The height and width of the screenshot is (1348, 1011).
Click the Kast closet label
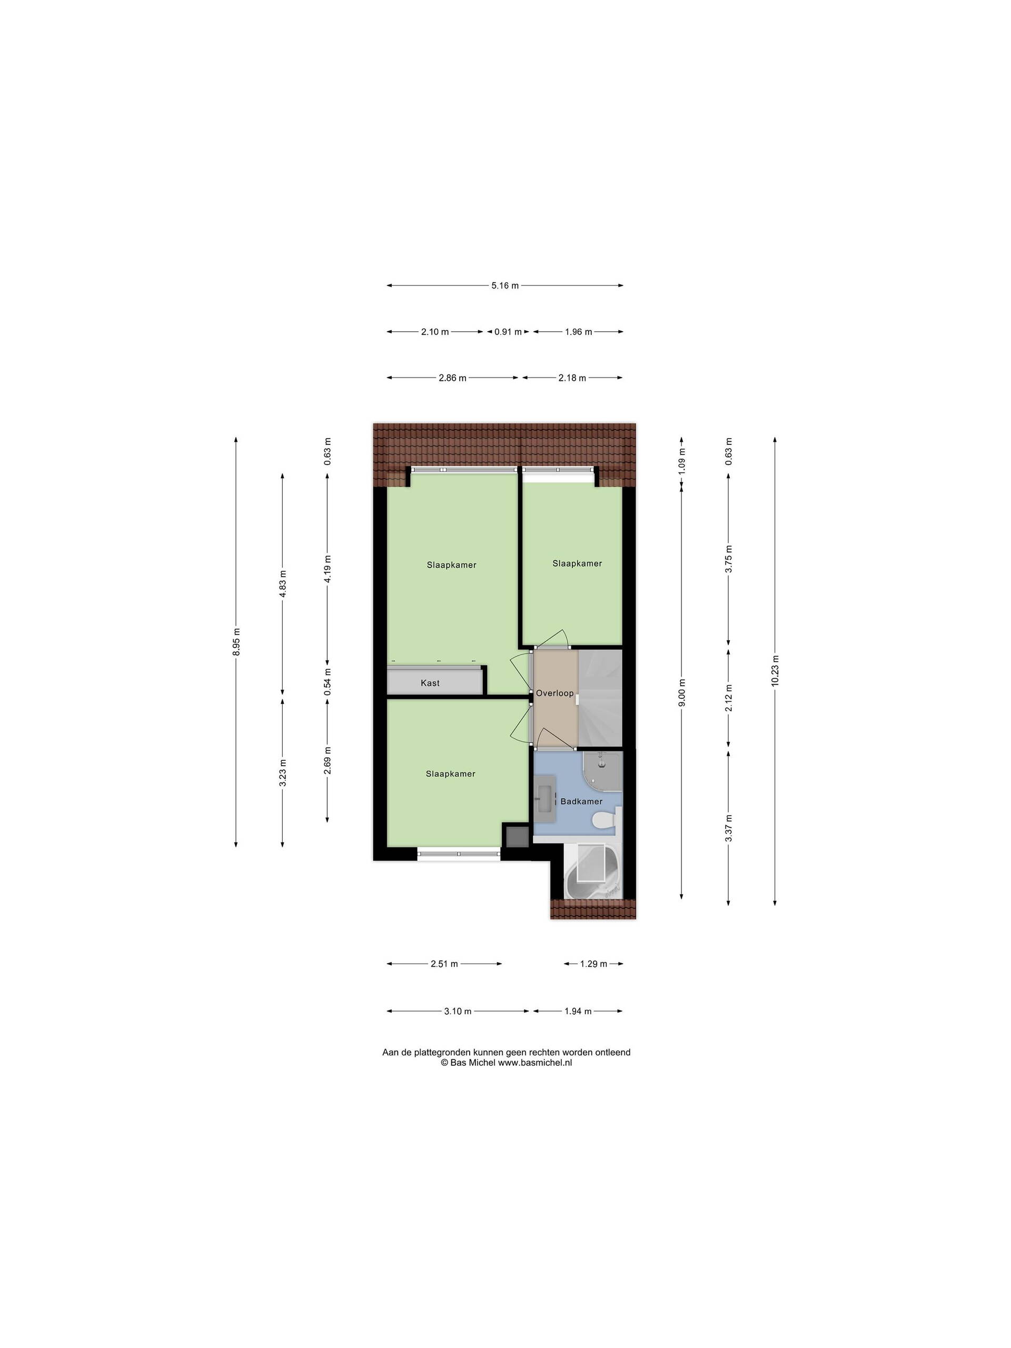coord(430,683)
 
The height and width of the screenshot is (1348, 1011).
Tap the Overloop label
coord(554,693)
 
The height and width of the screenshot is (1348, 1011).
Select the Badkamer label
coord(581,801)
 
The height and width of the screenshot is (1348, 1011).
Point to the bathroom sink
coord(543,797)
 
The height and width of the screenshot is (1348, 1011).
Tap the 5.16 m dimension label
coord(504,285)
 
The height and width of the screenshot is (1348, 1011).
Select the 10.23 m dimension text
coord(775,670)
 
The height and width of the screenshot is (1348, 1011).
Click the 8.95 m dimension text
coord(236,642)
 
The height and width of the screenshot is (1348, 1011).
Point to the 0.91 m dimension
coord(508,332)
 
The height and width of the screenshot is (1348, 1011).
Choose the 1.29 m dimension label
coord(593,964)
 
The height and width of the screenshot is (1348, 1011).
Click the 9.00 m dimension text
coord(682,693)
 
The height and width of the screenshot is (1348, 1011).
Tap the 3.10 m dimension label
coord(458,1011)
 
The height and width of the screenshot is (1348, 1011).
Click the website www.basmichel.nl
coord(535,1062)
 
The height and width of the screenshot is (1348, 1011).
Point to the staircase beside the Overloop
coord(600,698)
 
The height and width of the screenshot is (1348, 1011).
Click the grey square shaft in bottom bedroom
coord(516,836)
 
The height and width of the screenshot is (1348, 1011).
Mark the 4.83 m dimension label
coord(282,584)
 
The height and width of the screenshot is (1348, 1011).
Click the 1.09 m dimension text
coord(682,461)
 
